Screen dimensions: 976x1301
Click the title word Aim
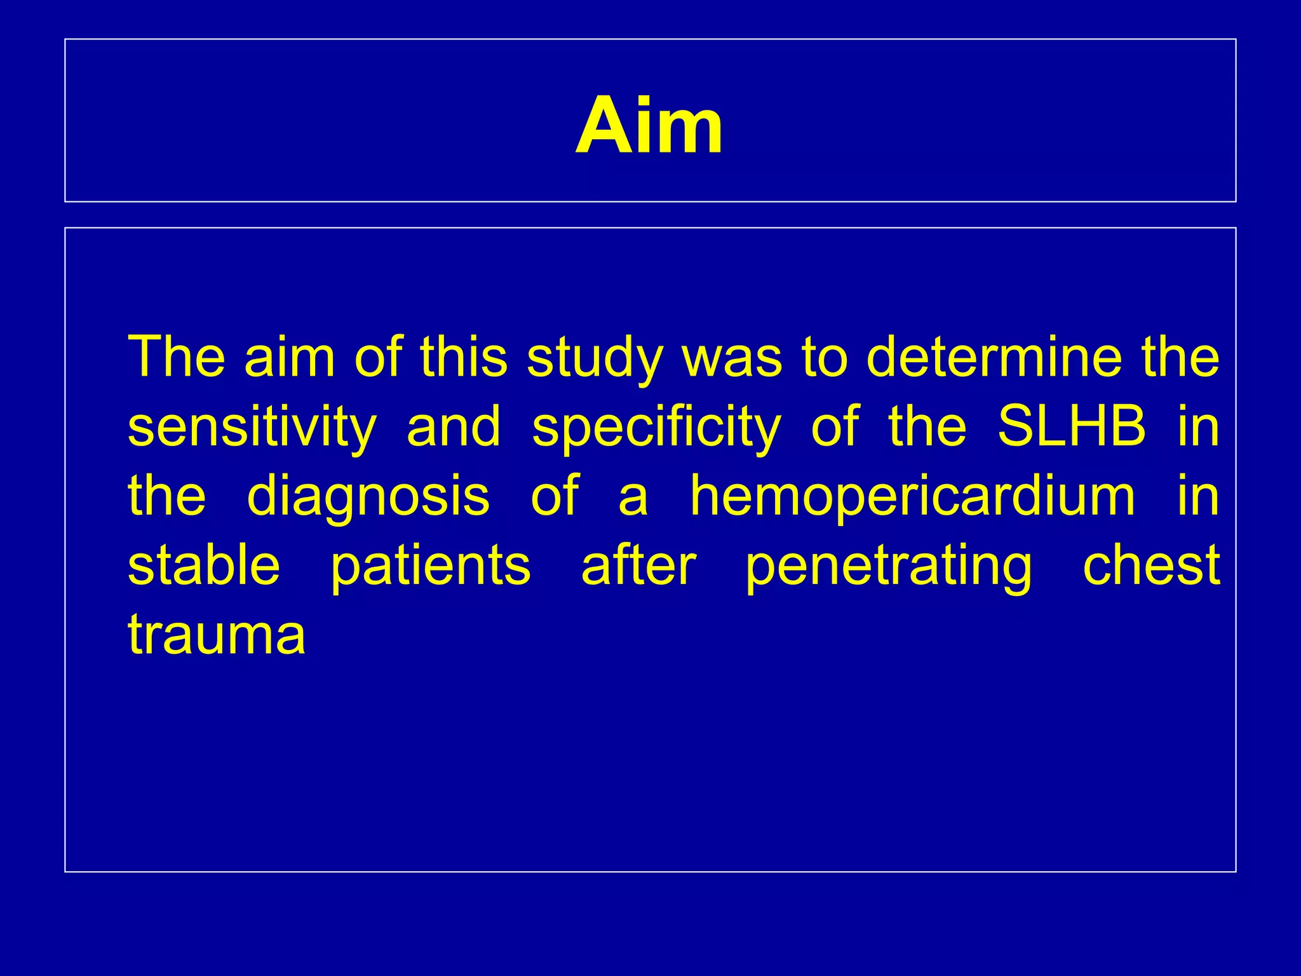point(649,126)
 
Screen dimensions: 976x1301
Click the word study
point(595,358)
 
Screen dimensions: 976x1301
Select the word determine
point(994,356)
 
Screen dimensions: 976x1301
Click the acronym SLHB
point(1072,426)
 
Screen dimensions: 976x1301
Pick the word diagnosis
point(368,497)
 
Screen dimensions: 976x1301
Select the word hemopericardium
point(912,497)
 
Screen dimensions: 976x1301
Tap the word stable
point(204,565)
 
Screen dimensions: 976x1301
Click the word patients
point(431,566)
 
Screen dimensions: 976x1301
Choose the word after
point(638,565)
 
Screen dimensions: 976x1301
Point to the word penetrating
point(889,566)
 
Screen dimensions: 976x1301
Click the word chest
point(1150,565)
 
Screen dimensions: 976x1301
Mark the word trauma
point(217,635)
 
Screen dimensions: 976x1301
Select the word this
point(464,356)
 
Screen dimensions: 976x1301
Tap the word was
point(732,358)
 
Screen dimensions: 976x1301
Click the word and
point(454,426)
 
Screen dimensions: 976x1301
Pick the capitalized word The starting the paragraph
point(177,356)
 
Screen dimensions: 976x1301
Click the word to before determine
point(825,358)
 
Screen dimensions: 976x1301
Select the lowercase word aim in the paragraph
point(290,356)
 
